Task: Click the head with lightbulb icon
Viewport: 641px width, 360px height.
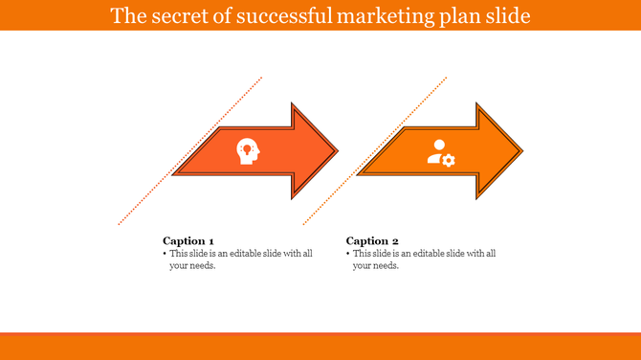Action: [x=247, y=151]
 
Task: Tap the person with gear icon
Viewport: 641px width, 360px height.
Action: [x=440, y=152]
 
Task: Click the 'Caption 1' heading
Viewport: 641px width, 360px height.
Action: [x=188, y=240]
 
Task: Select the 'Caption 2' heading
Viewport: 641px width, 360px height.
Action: [x=372, y=240]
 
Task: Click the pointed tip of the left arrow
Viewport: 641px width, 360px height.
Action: [x=336, y=151]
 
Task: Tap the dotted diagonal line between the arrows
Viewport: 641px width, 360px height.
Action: [x=375, y=151]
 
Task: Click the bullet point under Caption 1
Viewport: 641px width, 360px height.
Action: [x=165, y=254]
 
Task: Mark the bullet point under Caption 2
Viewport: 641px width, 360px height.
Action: [x=347, y=254]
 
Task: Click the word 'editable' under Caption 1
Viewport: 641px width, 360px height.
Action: [x=239, y=254]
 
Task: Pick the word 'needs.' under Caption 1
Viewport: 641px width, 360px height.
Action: [x=202, y=266]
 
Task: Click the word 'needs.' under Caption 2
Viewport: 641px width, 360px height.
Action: [x=385, y=266]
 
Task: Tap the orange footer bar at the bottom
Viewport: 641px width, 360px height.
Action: [x=320, y=346]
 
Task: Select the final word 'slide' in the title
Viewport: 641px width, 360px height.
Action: [x=505, y=16]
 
